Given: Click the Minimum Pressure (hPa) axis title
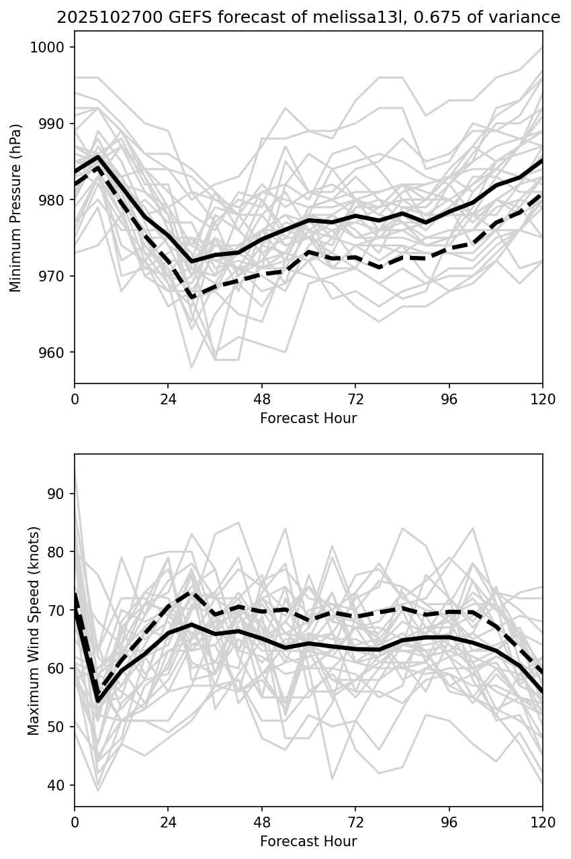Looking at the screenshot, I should (16, 208).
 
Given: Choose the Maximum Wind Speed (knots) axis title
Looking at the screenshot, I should (34, 631).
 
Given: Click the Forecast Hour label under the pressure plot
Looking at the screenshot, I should (308, 418).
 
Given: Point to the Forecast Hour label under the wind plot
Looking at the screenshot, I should (308, 842).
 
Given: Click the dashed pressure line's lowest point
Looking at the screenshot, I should (191, 297).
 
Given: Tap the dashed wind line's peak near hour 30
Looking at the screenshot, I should (191, 592).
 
